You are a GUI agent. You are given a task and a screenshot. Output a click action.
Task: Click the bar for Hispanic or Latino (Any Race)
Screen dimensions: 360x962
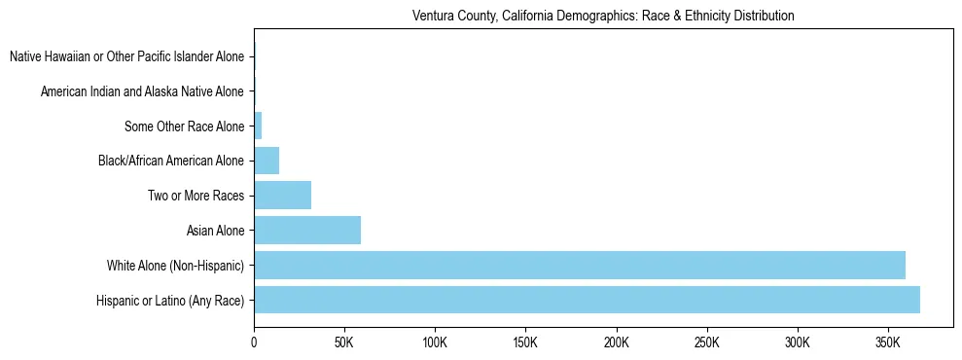point(587,300)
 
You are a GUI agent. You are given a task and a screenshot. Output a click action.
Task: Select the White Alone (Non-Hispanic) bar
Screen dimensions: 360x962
point(580,265)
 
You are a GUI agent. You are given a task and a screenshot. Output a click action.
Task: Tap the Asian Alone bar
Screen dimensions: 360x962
point(307,231)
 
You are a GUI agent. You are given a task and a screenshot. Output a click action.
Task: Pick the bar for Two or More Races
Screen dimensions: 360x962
point(282,196)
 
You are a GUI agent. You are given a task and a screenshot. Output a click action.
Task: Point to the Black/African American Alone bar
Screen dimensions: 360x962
point(267,161)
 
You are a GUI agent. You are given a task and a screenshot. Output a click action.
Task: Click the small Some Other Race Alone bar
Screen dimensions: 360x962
point(258,126)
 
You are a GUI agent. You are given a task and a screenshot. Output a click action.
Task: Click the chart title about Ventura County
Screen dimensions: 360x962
point(603,17)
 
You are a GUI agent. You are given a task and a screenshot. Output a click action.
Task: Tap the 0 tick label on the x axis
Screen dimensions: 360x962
point(254,343)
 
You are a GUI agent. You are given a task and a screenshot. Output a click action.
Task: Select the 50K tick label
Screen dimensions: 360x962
point(344,343)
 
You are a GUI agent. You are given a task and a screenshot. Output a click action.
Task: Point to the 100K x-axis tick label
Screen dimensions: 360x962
point(435,343)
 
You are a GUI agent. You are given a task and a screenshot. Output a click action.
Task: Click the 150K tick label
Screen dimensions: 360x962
point(525,343)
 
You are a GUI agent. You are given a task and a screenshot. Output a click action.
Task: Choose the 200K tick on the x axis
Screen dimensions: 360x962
point(616,343)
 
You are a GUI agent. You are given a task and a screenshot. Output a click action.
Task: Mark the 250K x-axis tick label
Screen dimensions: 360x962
point(707,343)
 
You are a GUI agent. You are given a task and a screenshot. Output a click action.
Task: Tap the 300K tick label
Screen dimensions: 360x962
point(798,343)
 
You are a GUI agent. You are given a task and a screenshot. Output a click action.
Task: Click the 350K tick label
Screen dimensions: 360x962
point(888,343)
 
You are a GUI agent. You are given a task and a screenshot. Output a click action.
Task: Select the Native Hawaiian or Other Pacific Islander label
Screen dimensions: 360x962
point(126,57)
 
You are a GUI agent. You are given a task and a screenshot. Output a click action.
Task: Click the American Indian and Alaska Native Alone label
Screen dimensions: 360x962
point(142,91)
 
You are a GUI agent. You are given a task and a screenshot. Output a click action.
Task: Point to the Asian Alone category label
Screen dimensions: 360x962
point(215,231)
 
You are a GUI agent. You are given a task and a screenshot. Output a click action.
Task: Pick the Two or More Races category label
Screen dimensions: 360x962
point(196,196)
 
